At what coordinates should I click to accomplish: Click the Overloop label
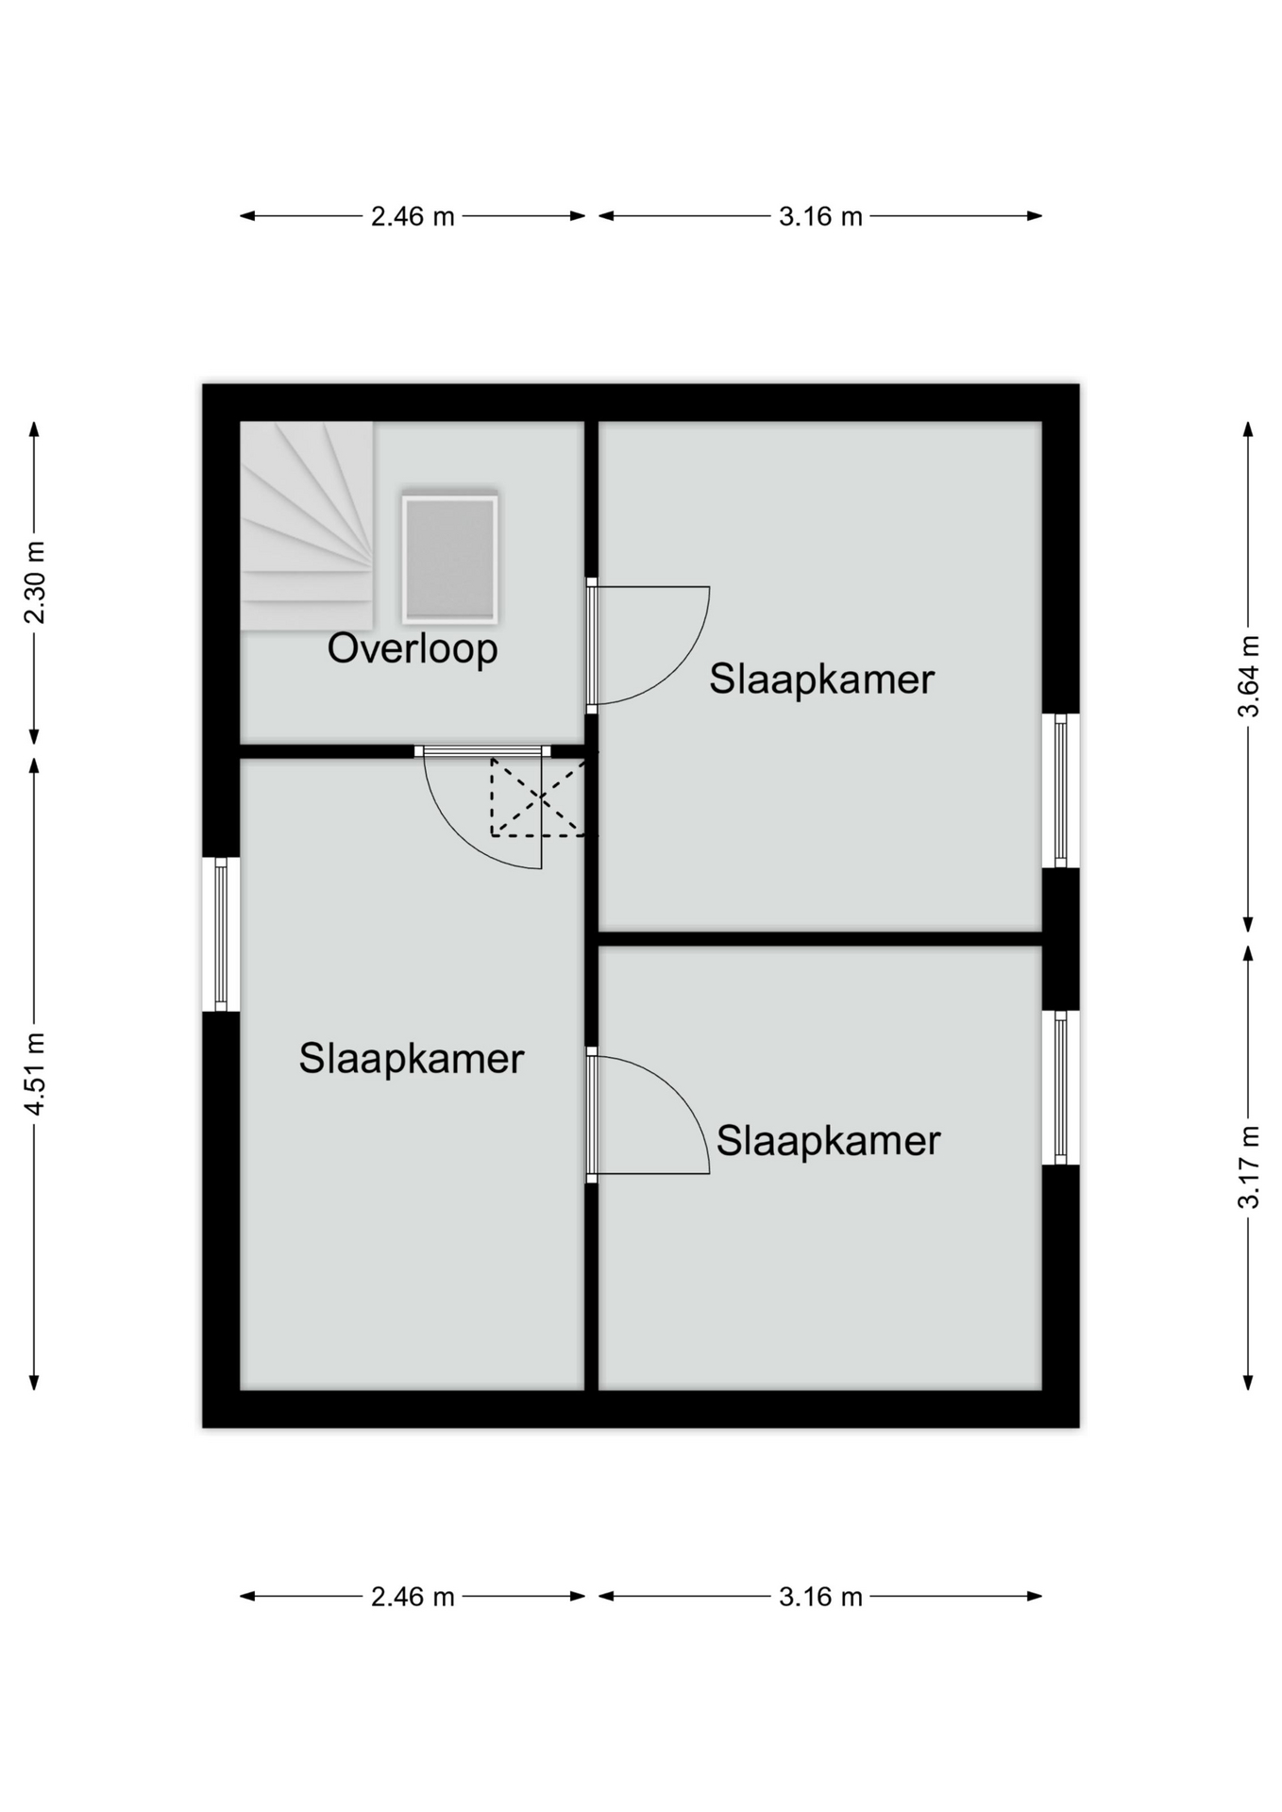(x=413, y=649)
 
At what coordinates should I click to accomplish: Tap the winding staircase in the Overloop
(x=307, y=526)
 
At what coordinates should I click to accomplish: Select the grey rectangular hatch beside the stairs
(x=449, y=559)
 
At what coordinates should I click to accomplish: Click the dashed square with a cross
(x=538, y=797)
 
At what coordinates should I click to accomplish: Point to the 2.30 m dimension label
(x=35, y=582)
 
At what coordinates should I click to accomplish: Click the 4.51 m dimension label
(x=35, y=1074)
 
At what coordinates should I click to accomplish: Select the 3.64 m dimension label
(x=1248, y=677)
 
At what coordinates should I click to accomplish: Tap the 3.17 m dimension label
(x=1248, y=1166)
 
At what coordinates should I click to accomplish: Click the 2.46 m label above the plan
(x=413, y=216)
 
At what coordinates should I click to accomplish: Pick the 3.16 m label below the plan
(x=820, y=1596)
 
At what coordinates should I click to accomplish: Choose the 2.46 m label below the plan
(x=413, y=1596)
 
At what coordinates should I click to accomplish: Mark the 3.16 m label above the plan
(x=820, y=216)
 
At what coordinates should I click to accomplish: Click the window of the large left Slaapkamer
(x=221, y=934)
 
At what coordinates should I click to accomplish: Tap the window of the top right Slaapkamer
(x=1060, y=791)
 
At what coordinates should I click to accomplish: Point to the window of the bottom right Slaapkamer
(x=1060, y=1088)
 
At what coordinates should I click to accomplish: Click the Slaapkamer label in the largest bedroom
(x=412, y=1059)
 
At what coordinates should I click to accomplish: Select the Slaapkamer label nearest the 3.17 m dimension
(x=829, y=1141)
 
